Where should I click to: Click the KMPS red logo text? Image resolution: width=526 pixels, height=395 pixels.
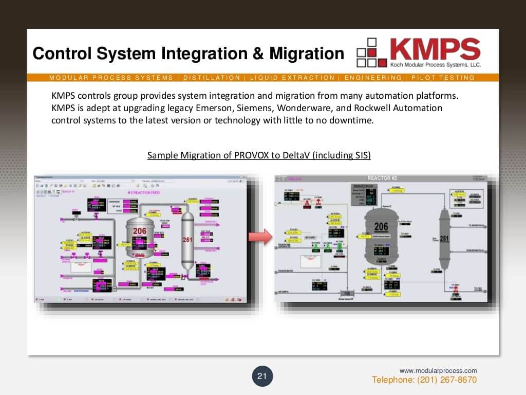435,49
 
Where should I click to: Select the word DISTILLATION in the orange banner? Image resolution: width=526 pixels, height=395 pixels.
212,78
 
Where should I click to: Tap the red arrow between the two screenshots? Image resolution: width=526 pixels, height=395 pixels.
259,237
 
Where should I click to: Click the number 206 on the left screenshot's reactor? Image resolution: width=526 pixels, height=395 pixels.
140,231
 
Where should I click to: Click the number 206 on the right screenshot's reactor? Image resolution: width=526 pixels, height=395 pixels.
381,227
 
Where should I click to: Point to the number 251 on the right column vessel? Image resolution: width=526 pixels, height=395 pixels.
444,239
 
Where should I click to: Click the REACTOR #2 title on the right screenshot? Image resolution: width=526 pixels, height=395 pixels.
382,178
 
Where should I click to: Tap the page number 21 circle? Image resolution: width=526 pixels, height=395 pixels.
262,376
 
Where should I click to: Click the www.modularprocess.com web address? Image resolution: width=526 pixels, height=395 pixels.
438,370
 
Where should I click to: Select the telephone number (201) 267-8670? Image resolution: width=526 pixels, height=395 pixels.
447,380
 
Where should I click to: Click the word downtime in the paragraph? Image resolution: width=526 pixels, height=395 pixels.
353,120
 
